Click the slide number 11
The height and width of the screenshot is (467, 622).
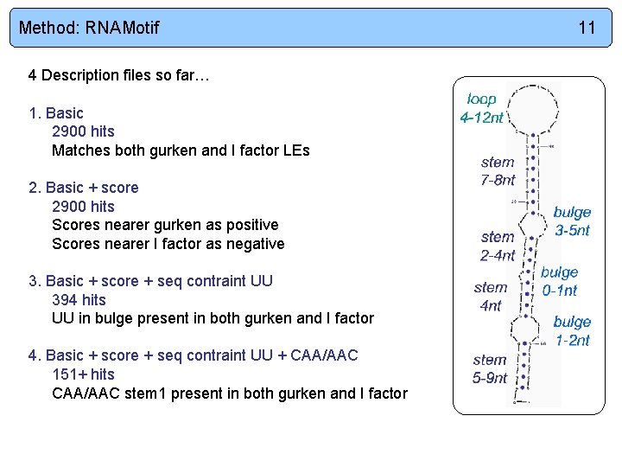pos(587,28)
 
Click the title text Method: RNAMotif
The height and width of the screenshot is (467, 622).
pos(89,28)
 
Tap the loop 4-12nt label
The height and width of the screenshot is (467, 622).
pos(481,108)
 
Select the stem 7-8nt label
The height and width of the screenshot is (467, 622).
pos(498,171)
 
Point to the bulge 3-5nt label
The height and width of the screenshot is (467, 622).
pos(572,221)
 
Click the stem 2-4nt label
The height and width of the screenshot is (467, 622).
pos(498,246)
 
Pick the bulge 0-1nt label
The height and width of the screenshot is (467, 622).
pos(559,281)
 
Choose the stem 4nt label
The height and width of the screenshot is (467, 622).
pos(490,296)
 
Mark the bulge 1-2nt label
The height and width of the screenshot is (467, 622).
pos(572,330)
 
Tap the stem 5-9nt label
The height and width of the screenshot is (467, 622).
pos(490,368)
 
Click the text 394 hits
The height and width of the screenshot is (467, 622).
pos(79,300)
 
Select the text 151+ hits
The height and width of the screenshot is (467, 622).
pos(83,374)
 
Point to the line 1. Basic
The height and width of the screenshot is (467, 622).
pos(56,113)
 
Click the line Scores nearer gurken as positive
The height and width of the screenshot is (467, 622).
pos(165,225)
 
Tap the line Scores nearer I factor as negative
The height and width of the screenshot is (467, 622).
pos(168,244)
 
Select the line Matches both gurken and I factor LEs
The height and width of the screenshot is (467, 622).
pos(181,150)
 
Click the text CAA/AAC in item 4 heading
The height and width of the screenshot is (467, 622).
pos(324,355)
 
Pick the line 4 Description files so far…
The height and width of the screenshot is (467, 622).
pos(119,75)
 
